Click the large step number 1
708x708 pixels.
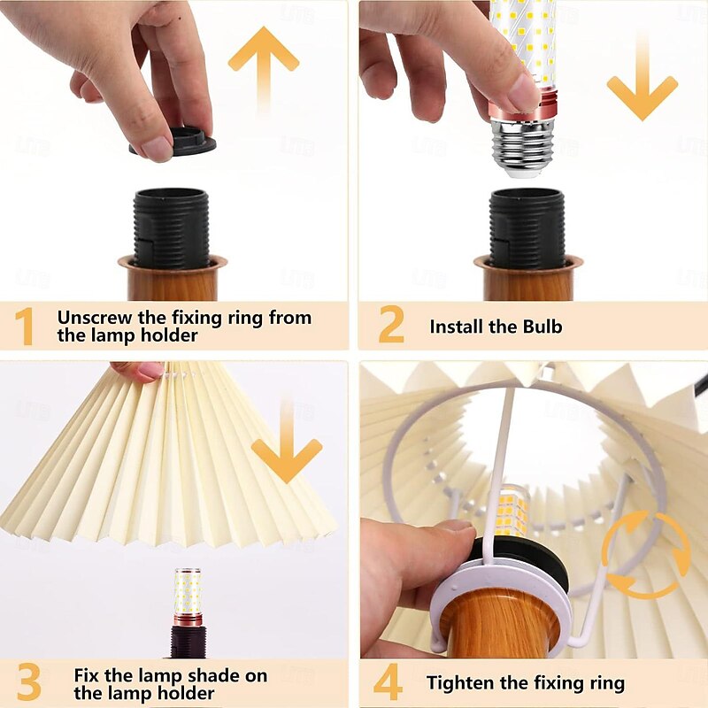click(x=24, y=327)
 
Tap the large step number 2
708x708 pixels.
click(x=391, y=324)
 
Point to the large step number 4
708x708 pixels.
click(x=388, y=681)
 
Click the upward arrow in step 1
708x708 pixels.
click(x=263, y=68)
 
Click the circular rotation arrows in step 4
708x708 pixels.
click(x=647, y=555)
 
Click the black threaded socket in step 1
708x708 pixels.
click(x=172, y=228)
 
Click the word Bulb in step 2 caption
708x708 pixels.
click(x=543, y=327)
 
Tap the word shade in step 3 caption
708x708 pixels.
click(x=214, y=676)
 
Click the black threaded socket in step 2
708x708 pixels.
click(x=527, y=228)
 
